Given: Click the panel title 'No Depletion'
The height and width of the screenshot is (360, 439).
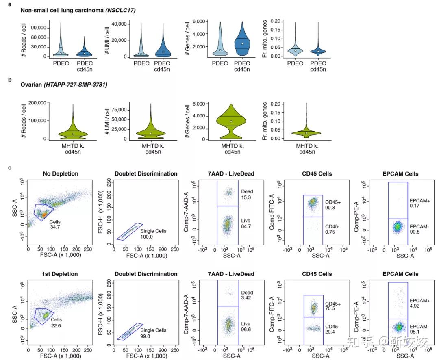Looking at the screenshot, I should click(60, 173).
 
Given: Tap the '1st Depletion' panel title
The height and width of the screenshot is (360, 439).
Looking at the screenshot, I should click(60, 274).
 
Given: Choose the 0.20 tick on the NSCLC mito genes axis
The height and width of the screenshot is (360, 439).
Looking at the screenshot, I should click(276, 20).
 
